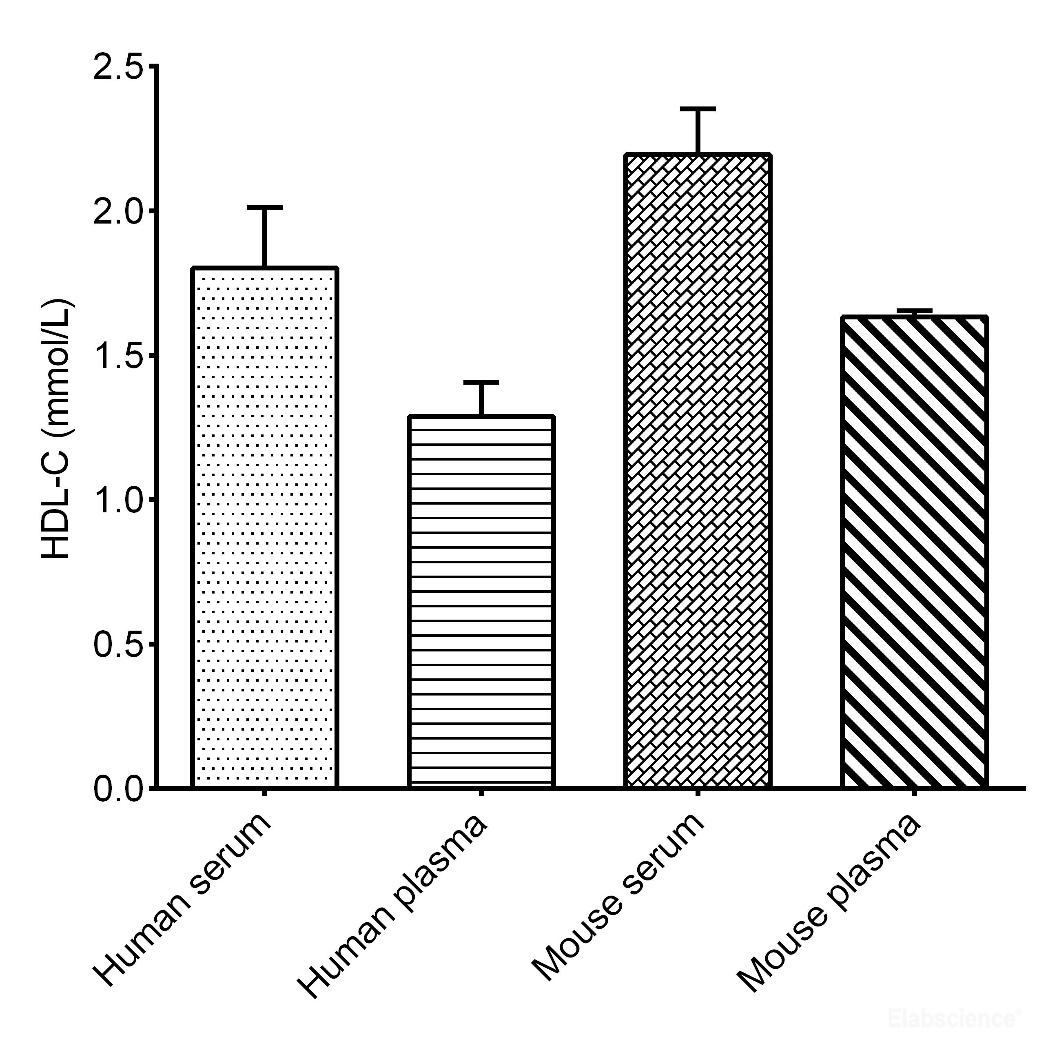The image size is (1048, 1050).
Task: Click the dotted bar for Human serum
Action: [x=265, y=527]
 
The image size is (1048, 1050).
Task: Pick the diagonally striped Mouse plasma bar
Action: [x=914, y=551]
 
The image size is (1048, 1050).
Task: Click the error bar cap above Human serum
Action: [x=265, y=208]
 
